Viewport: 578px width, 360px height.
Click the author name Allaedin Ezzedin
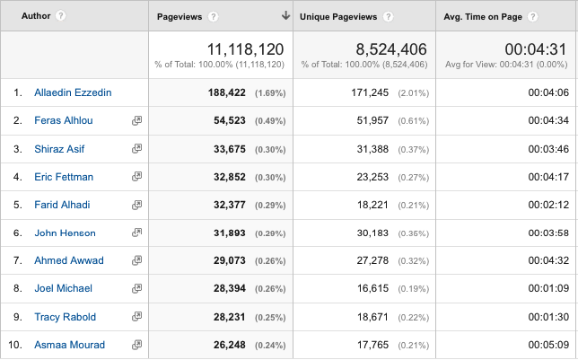point(72,92)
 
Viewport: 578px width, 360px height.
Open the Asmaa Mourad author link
point(69,345)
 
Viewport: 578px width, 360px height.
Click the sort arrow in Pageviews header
point(285,16)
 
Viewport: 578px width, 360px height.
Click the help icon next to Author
point(60,16)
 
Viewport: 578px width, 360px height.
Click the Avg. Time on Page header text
point(485,16)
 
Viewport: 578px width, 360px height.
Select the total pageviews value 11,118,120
point(245,48)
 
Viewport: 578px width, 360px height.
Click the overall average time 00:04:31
point(535,48)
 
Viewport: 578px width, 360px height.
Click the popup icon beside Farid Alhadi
point(136,205)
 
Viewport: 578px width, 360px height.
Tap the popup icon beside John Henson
point(136,233)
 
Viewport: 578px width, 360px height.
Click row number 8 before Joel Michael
point(17,289)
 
